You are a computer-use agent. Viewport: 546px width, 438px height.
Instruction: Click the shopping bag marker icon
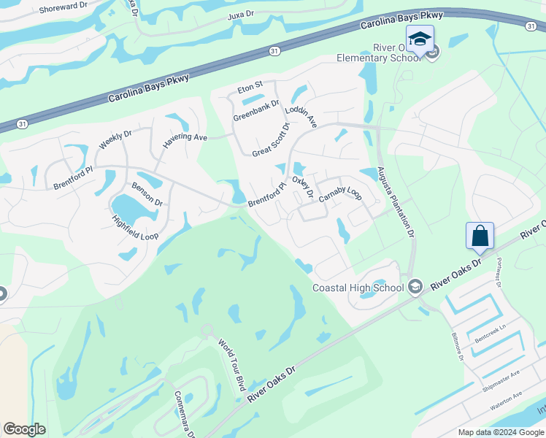point(480,236)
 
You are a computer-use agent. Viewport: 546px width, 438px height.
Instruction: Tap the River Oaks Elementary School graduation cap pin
point(420,39)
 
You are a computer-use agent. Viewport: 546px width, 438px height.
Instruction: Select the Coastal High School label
point(358,288)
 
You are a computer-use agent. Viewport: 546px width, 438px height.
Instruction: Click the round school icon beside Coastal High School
point(415,287)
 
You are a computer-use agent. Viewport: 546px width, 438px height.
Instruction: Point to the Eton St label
point(249,90)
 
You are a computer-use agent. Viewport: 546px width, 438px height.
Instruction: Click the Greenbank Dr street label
point(256,111)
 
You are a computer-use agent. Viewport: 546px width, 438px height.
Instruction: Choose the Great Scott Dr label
point(271,140)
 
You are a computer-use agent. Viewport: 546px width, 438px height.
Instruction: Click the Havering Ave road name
point(185,137)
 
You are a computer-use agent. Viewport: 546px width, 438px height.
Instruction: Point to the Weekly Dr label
point(115,139)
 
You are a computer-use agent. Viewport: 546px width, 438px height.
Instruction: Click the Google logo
point(24,429)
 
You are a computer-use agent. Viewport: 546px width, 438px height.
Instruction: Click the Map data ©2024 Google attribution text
point(500,431)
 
